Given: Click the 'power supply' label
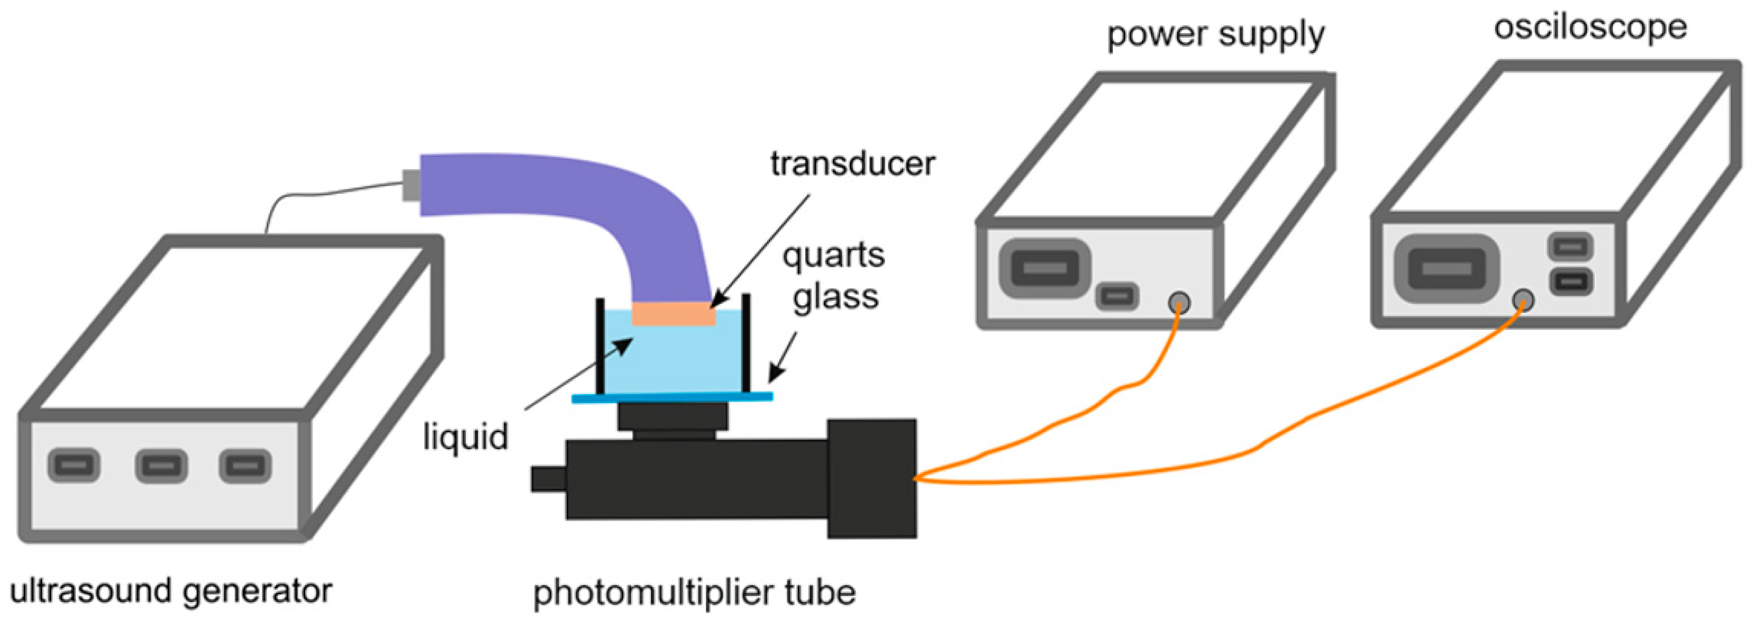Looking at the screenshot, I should click(1215, 34).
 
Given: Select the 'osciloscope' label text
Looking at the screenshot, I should click(1590, 27).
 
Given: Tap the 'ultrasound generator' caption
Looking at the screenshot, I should click(171, 590).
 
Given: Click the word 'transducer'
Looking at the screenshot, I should click(852, 164).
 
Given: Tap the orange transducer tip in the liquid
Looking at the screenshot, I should click(674, 313).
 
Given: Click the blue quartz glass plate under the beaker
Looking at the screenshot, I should click(672, 397).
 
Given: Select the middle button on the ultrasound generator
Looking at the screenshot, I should click(161, 466).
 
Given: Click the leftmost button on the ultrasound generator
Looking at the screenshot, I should click(74, 465).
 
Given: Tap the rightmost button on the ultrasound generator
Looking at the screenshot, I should click(245, 466).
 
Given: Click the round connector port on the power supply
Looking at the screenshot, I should click(1179, 303).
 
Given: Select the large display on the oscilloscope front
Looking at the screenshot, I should click(1447, 269).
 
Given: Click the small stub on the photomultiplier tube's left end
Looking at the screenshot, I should click(548, 479).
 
